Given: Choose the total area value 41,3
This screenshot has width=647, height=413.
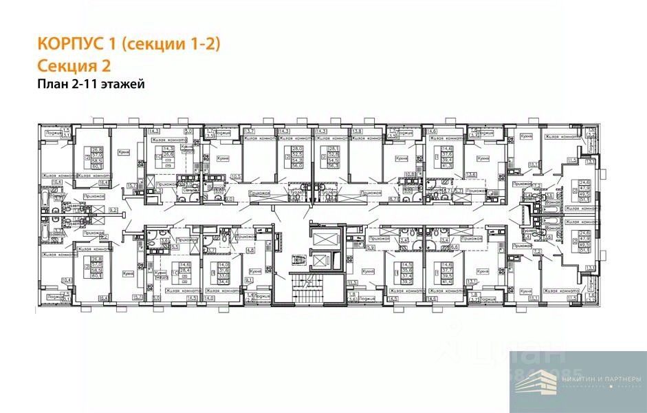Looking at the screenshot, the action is (x=447, y=166).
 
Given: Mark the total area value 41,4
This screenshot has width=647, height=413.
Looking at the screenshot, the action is (x=447, y=281).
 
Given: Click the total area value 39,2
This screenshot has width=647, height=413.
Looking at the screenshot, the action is (x=408, y=281).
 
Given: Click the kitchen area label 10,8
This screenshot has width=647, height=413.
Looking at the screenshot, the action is (x=410, y=173).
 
